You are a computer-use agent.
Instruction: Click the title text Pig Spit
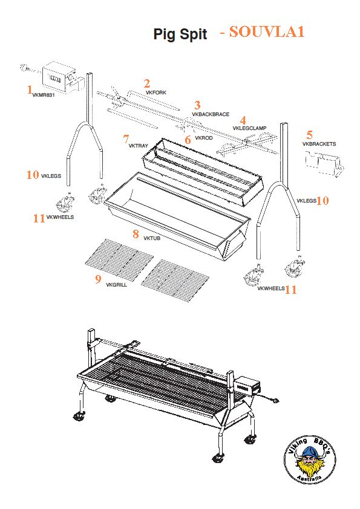pyautogui.click(x=180, y=34)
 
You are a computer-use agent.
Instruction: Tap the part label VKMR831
pyautogui.click(x=44, y=95)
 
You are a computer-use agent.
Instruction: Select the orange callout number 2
pyautogui.click(x=146, y=83)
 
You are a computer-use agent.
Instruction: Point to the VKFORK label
pyautogui.click(x=156, y=92)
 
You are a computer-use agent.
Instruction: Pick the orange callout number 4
pyautogui.click(x=243, y=120)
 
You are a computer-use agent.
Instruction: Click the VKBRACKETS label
pyautogui.click(x=319, y=144)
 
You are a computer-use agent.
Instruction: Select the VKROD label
pyautogui.click(x=203, y=138)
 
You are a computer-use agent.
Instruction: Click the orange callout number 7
pyautogui.click(x=125, y=138)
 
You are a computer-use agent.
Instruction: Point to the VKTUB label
pyautogui.click(x=152, y=238)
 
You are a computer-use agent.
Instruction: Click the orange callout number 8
pyautogui.click(x=136, y=233)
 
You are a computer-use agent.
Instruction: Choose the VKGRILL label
pyautogui.click(x=116, y=284)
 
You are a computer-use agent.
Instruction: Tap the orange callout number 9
pyautogui.click(x=97, y=279)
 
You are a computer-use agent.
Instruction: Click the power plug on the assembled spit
pyautogui.click(x=277, y=400)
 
